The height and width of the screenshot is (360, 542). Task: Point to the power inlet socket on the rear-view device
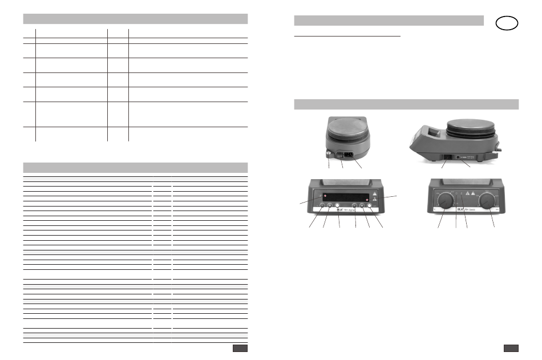click(347, 152)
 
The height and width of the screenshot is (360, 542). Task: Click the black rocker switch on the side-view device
click(448, 155)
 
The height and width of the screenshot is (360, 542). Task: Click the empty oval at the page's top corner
click(507, 23)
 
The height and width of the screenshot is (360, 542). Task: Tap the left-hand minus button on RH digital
click(322, 206)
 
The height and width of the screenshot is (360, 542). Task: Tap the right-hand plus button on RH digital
click(362, 206)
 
